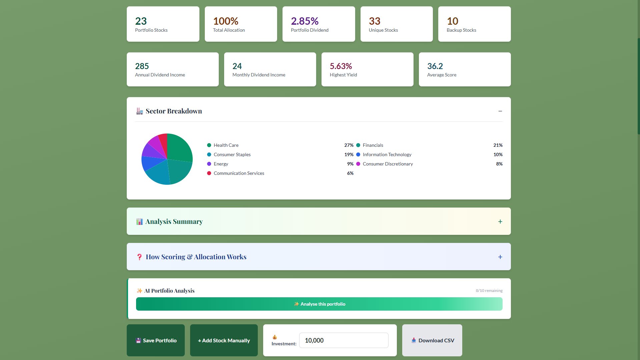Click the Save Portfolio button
pos(156,340)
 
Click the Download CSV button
pos(432,340)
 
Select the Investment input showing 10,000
pos(344,340)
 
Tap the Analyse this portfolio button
pos(319,304)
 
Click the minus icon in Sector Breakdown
pos(500,111)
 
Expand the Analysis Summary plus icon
pos(500,222)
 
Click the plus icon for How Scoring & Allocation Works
pos(500,257)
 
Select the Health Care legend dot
pos(209,145)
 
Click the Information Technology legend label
pos(387,154)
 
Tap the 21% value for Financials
pos(498,145)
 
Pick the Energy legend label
pos(221,164)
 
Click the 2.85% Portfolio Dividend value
pos(304,21)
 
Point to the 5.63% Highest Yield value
pos(341,66)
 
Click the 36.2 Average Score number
pos(435,66)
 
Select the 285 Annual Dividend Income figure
pos(142,66)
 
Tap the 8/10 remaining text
pos(489,291)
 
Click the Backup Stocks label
pos(461,30)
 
